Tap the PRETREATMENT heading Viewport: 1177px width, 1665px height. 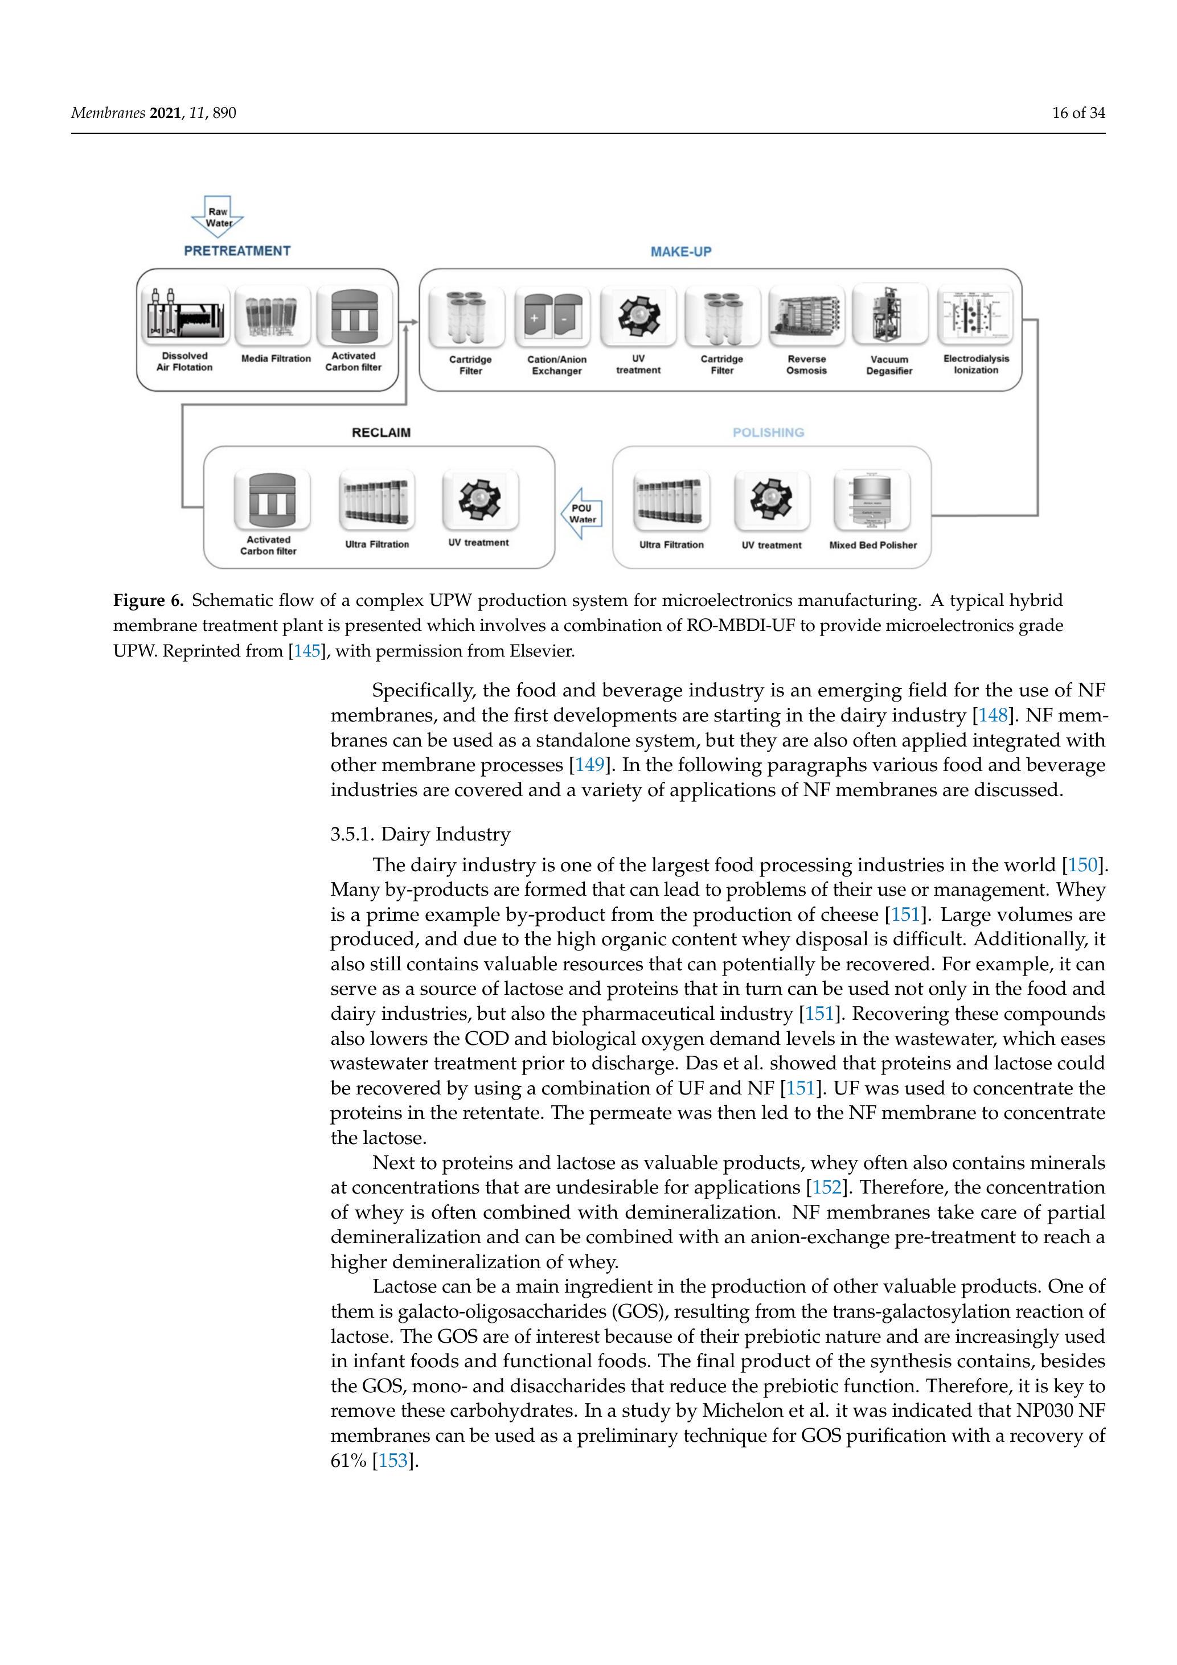pos(237,251)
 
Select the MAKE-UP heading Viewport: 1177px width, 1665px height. pos(680,252)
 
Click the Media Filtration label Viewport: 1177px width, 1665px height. pos(276,359)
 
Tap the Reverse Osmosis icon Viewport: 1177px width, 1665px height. pos(806,316)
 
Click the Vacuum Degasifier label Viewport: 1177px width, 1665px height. pos(889,365)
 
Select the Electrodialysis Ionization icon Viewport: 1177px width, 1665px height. pos(975,315)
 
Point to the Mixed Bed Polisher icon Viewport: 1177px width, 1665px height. pos(872,501)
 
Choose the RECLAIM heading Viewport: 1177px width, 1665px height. pos(381,433)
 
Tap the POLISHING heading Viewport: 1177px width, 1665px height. pos(768,433)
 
